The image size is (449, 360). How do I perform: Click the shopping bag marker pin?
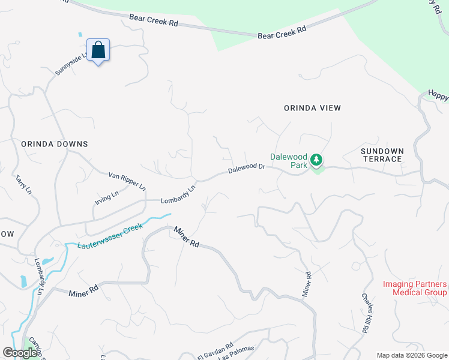98,50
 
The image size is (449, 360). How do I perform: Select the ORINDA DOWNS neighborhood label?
55,144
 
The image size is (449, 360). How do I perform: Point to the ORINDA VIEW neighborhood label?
312,108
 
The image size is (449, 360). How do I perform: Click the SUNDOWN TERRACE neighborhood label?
382,155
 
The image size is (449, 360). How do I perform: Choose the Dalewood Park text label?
289,160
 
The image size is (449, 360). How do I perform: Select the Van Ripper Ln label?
127,181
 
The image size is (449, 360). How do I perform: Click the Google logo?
20,352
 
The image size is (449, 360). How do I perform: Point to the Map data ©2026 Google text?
412,355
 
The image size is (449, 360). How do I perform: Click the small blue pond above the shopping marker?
80,35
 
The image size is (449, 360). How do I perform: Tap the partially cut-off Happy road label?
438,95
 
